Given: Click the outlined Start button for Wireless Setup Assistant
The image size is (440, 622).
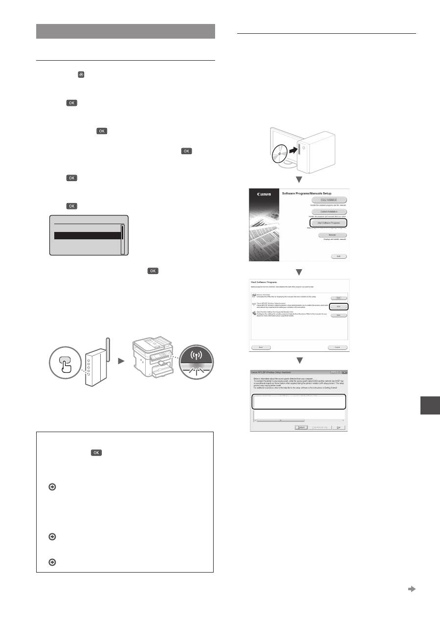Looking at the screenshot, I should click(x=338, y=306).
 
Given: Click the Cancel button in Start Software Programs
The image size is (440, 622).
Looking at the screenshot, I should click(x=337, y=346).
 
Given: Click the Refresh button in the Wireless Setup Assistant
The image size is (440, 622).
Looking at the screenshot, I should click(x=300, y=427).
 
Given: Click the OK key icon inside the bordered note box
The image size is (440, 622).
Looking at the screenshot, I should click(x=95, y=453).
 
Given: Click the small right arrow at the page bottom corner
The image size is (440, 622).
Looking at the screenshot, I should click(x=411, y=589).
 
